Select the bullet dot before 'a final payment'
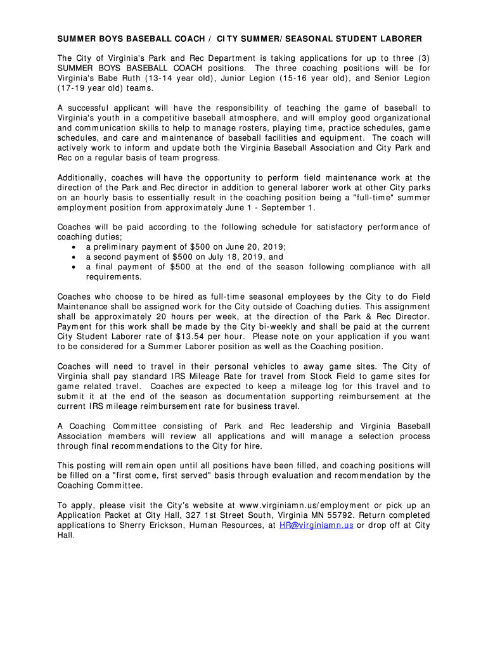(x=74, y=267)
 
